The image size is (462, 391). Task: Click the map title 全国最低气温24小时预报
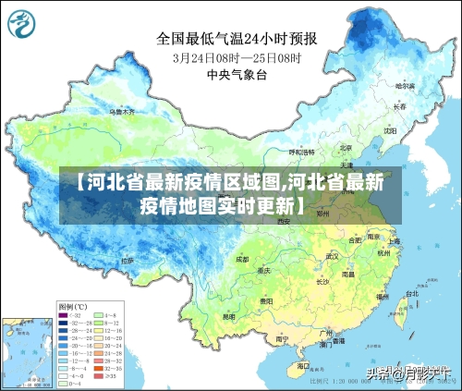point(237,38)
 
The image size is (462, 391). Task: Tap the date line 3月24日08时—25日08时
point(237,57)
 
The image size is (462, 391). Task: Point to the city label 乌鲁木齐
point(121,112)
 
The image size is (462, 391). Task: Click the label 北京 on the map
point(345,147)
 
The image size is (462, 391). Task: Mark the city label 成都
point(242,260)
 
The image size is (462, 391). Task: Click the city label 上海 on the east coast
point(394,242)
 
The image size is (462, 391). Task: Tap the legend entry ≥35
point(111,377)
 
